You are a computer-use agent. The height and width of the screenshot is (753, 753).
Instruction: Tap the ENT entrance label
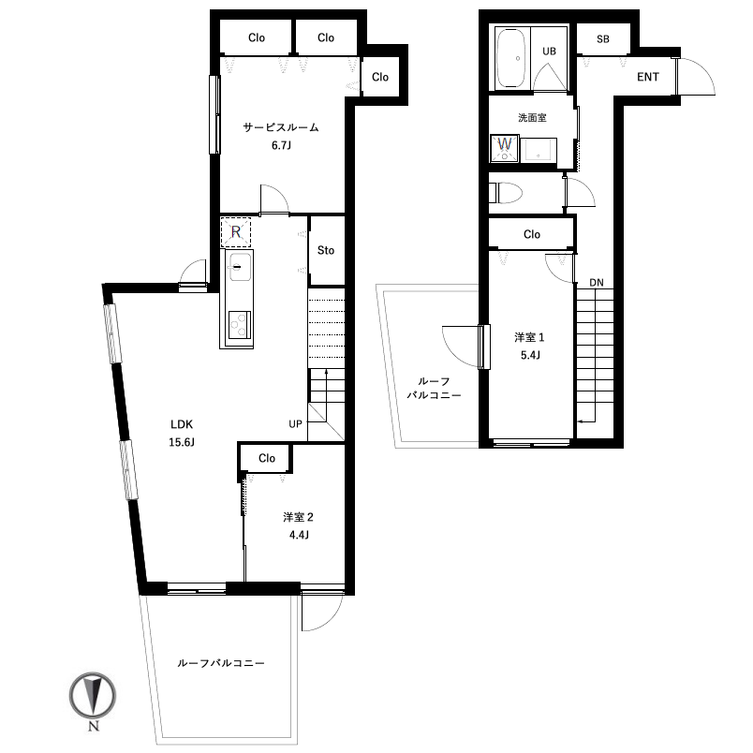pyautogui.click(x=648, y=77)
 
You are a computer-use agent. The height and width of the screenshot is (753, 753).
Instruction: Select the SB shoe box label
pyautogui.click(x=603, y=39)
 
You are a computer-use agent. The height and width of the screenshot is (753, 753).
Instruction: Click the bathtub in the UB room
pyautogui.click(x=512, y=59)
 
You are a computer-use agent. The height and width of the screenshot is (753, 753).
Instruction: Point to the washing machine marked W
pyautogui.click(x=504, y=148)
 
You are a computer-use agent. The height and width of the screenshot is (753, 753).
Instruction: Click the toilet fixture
pyautogui.click(x=505, y=193)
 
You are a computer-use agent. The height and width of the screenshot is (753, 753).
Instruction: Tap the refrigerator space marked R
pyautogui.click(x=236, y=232)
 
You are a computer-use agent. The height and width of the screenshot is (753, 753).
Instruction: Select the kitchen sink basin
pyautogui.click(x=240, y=267)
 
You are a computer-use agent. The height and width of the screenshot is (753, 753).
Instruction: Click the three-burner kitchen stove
pyautogui.click(x=240, y=325)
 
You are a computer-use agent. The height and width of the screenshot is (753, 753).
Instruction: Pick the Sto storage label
pyautogui.click(x=326, y=250)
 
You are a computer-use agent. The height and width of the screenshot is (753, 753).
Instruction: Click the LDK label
pyautogui.click(x=182, y=424)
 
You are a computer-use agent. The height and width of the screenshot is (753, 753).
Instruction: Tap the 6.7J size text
pyautogui.click(x=281, y=145)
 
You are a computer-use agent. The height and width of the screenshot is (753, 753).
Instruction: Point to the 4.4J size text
pyautogui.click(x=299, y=535)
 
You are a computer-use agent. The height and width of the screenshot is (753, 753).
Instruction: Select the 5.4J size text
pyautogui.click(x=530, y=355)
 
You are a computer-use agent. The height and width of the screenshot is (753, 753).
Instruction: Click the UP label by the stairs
pyautogui.click(x=295, y=424)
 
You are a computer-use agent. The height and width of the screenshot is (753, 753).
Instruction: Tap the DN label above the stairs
pyautogui.click(x=597, y=283)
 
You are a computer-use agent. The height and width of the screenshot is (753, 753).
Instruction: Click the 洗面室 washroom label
pyautogui.click(x=532, y=118)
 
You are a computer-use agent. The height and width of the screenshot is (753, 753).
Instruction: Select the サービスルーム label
pyautogui.click(x=281, y=127)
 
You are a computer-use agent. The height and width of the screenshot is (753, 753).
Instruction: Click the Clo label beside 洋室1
pyautogui.click(x=532, y=234)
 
